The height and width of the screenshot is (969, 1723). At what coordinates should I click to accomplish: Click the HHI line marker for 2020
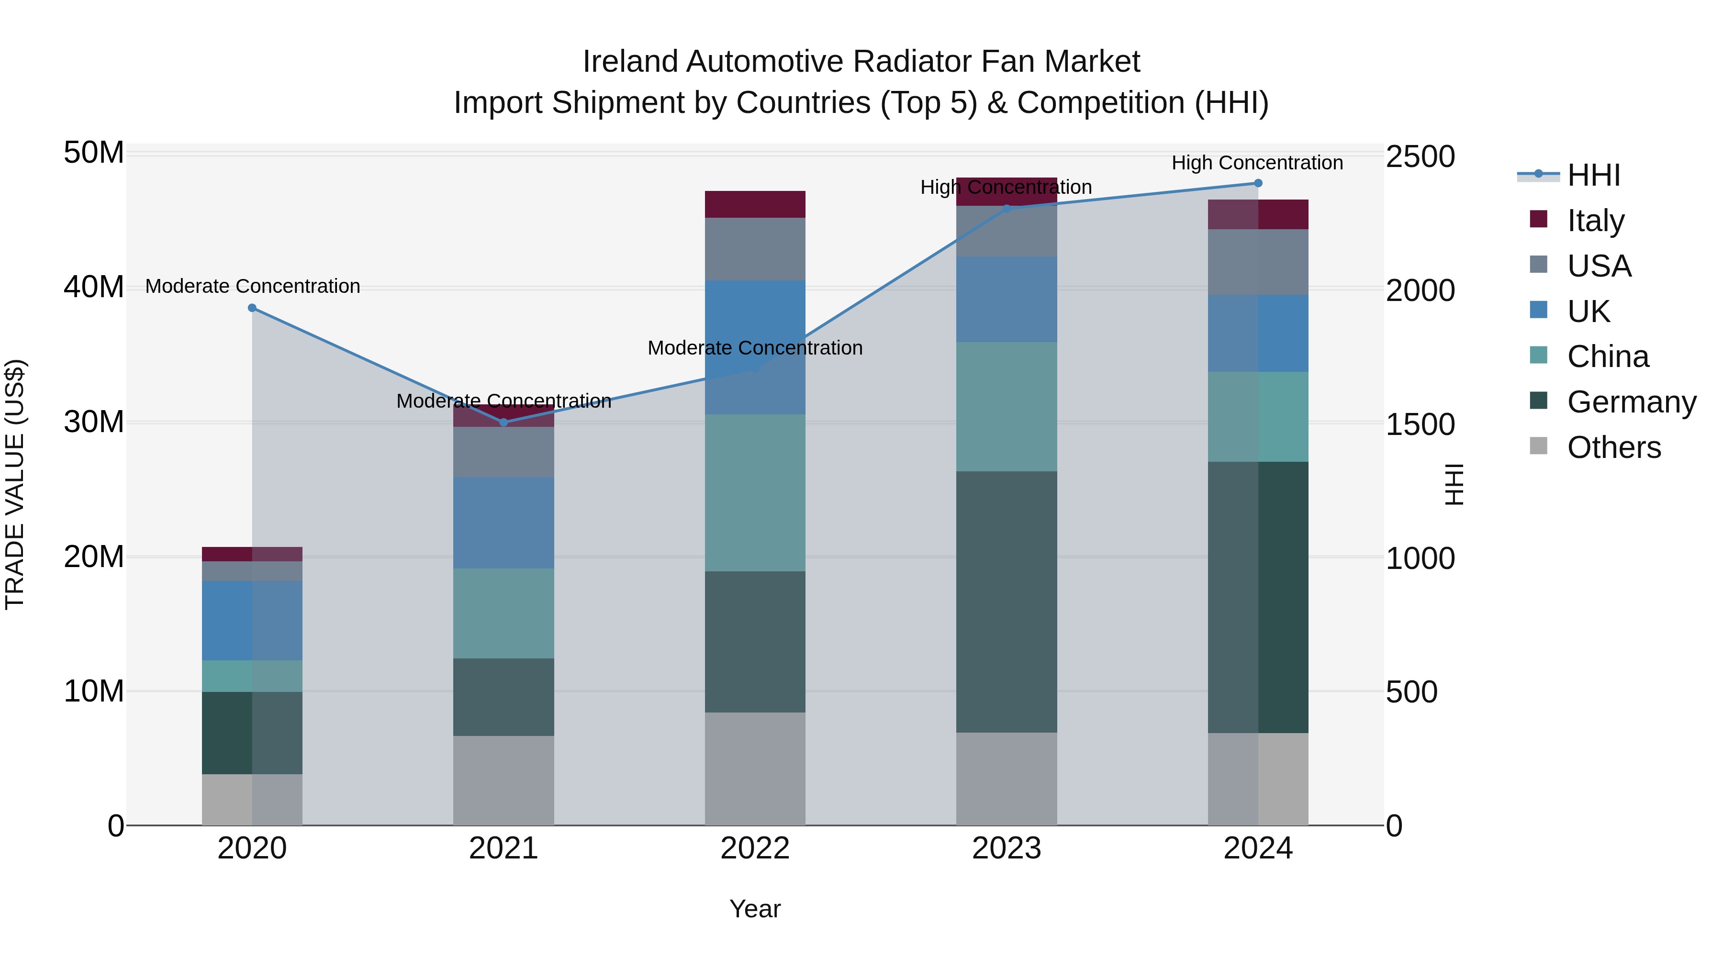click(252, 308)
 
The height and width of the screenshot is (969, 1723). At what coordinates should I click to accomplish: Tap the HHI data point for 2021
click(503, 422)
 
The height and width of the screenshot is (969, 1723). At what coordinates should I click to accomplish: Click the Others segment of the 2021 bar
click(503, 780)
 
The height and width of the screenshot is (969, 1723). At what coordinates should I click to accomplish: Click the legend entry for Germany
click(1631, 402)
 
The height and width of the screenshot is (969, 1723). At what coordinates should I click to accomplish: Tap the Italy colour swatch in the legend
click(1538, 219)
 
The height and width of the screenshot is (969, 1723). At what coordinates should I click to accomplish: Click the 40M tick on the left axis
click(94, 287)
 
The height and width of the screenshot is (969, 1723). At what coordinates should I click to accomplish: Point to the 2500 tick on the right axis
click(1420, 156)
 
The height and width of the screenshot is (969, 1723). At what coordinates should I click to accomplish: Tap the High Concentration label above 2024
click(1257, 163)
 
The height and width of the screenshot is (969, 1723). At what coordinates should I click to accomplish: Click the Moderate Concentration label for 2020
click(252, 286)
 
